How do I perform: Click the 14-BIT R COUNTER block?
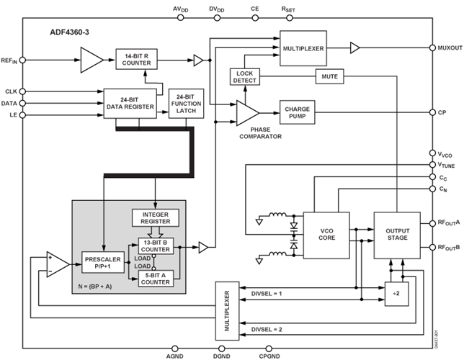pos(136,59)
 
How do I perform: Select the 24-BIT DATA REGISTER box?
pos(130,104)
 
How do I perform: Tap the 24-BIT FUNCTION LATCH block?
pos(186,104)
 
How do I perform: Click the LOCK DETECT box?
pos(245,77)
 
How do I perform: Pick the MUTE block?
pos(330,76)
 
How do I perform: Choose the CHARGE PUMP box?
pos(297,112)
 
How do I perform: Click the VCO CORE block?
pos(326,235)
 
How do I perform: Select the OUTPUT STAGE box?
pos(397,235)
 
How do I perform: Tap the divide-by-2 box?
pos(396,294)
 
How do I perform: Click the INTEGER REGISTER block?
pos(156,218)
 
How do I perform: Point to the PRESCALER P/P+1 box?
pos(103,262)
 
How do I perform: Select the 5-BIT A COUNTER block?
pos(156,279)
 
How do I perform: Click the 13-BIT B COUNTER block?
pos(156,246)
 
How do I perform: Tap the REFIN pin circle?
pos(22,60)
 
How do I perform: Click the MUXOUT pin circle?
pos(432,48)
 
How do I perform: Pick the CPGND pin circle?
pos(269,348)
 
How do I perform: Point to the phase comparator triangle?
pos(247,113)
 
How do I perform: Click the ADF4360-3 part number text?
pos(69,32)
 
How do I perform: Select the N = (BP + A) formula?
pos(95,287)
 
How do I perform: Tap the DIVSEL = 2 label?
pos(267,329)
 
